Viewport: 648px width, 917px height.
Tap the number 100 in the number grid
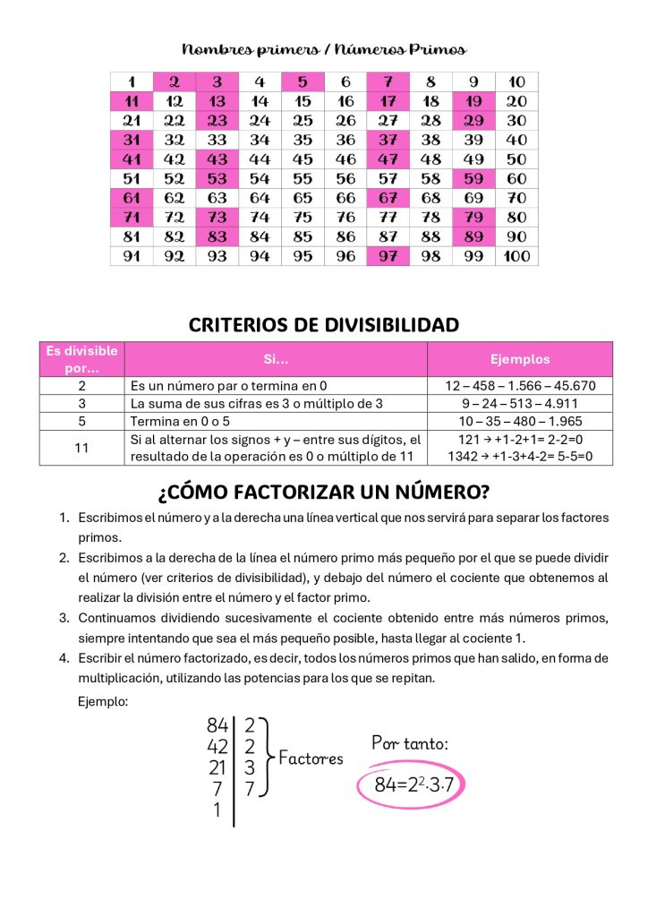tap(517, 256)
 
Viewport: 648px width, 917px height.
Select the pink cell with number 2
tap(175, 81)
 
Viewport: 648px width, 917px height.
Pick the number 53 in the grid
tap(217, 178)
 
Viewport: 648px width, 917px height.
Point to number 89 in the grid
tap(474, 236)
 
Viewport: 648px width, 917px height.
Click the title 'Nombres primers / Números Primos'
tap(324, 48)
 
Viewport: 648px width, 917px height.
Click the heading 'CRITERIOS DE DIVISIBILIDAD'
tap(324, 324)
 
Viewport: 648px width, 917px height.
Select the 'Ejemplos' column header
tap(520, 359)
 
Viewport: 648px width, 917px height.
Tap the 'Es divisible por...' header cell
tap(81, 359)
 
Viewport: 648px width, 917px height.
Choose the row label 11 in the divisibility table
tap(81, 448)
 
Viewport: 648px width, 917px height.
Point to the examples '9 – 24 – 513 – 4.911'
tap(520, 404)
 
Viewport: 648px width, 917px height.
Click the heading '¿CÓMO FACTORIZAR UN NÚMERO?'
tap(324, 492)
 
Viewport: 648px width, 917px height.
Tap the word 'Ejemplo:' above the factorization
tap(103, 701)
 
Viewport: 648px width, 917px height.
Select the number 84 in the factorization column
tap(217, 726)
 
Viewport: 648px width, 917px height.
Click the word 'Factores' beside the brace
tap(311, 758)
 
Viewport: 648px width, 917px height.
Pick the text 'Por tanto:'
tap(410, 742)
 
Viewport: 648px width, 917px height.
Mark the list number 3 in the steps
tap(64, 618)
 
